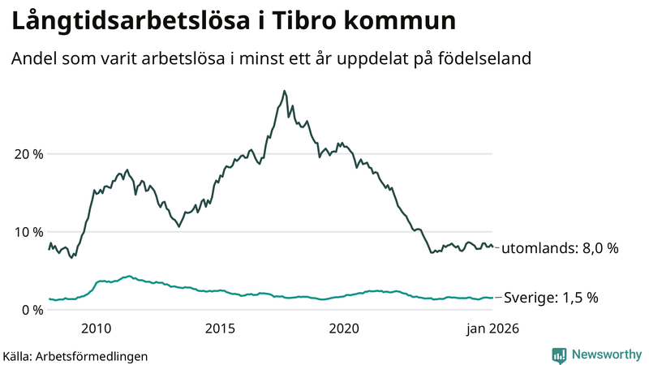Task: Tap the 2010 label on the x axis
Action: point(96,328)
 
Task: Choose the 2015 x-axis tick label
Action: point(220,328)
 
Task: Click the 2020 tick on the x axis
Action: point(344,328)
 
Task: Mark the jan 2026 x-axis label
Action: point(492,328)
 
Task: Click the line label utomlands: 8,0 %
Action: point(560,249)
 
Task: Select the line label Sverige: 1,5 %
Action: point(552,298)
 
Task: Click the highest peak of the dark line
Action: point(284,91)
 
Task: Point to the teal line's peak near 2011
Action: point(127,276)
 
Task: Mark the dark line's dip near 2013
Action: point(178,226)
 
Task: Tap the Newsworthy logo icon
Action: point(559,354)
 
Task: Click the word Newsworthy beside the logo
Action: point(606,354)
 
